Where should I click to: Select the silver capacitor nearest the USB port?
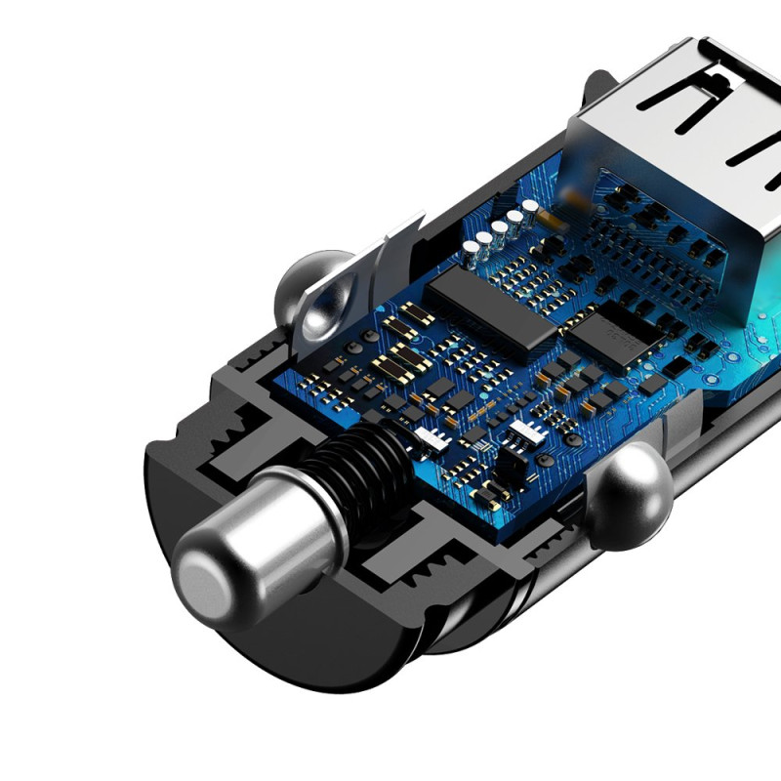pos(530,207)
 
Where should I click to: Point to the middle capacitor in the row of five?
pos(500,228)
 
